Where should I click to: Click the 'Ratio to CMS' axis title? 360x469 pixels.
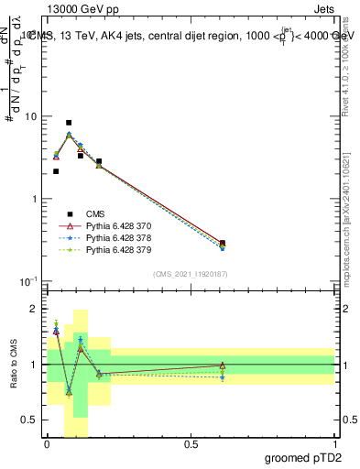click(x=14, y=364)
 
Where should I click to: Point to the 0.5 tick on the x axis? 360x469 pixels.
click(x=191, y=443)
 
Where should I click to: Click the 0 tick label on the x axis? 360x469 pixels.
click(x=47, y=443)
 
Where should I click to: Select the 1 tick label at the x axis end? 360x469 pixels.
click(x=334, y=443)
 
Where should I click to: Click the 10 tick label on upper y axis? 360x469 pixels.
click(x=31, y=117)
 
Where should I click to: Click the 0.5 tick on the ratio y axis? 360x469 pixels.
click(x=32, y=420)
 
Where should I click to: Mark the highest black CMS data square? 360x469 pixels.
click(x=69, y=123)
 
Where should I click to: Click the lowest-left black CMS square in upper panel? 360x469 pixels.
click(x=56, y=171)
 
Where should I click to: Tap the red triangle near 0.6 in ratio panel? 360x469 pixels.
click(x=223, y=365)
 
